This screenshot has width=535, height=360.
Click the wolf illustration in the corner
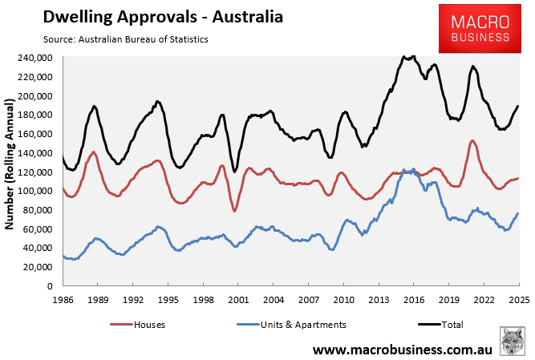[513, 341]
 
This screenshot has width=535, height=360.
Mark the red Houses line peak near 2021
[472, 141]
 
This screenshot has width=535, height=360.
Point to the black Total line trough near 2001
[234, 171]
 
